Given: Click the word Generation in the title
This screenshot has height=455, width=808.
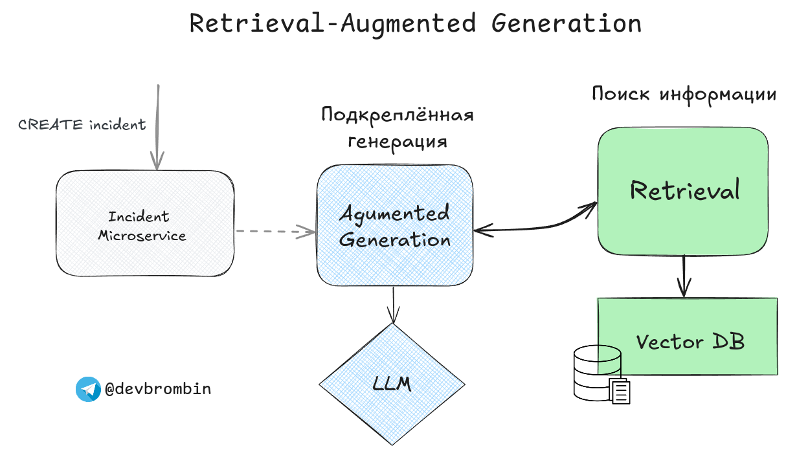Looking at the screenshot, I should pos(566,23).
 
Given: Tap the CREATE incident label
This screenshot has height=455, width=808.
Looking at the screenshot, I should pos(82,125).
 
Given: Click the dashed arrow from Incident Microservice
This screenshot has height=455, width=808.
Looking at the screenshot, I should pos(272,231).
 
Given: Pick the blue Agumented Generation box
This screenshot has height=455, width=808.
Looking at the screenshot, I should pos(394,259).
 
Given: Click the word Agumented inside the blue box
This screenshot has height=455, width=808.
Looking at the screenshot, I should pos(394,213).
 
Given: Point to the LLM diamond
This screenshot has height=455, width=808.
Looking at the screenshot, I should pos(392,384).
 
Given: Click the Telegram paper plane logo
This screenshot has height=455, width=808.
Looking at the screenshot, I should pos(88,389).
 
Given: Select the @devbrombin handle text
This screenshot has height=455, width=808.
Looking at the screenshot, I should pos(158,389).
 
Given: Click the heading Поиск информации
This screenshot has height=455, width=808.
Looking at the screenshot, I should pos(684,94).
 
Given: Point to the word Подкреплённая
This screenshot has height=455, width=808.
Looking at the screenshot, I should pos(398,115).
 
